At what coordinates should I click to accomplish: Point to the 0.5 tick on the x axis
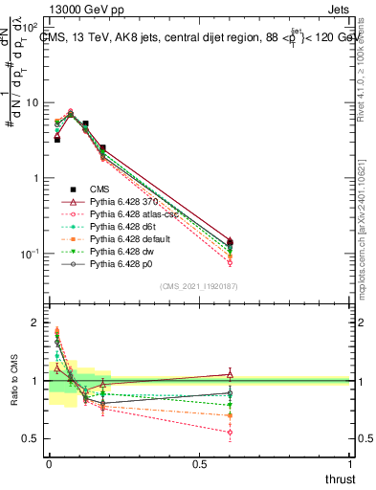200,463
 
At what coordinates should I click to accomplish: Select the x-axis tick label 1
350,463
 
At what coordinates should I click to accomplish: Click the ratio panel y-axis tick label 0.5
33,438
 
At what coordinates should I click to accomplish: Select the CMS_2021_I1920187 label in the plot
199,286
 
